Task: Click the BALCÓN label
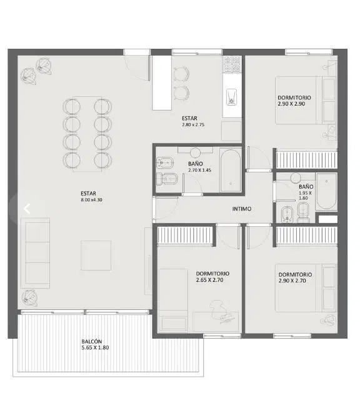[x=92, y=341]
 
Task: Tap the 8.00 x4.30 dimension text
[x=91, y=200]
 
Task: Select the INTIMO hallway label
[x=242, y=209]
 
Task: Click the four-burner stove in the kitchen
[x=232, y=64]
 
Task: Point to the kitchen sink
[x=231, y=97]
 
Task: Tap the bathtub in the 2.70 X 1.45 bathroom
[x=230, y=171]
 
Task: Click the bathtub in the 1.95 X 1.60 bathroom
[x=326, y=191]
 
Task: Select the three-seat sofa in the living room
[x=35, y=253]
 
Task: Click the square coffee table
[x=96, y=256]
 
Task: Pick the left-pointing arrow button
[x=27, y=209]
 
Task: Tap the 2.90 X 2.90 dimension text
[x=291, y=104]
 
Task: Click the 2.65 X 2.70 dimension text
[x=209, y=280]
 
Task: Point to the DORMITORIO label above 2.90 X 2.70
[x=295, y=275]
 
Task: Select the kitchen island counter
[x=162, y=82]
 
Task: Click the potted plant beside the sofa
[x=30, y=298]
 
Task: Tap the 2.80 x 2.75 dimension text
[x=193, y=124]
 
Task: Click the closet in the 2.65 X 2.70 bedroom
[x=185, y=236]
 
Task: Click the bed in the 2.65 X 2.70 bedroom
[x=173, y=300]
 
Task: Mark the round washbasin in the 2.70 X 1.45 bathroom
[x=195, y=153]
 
